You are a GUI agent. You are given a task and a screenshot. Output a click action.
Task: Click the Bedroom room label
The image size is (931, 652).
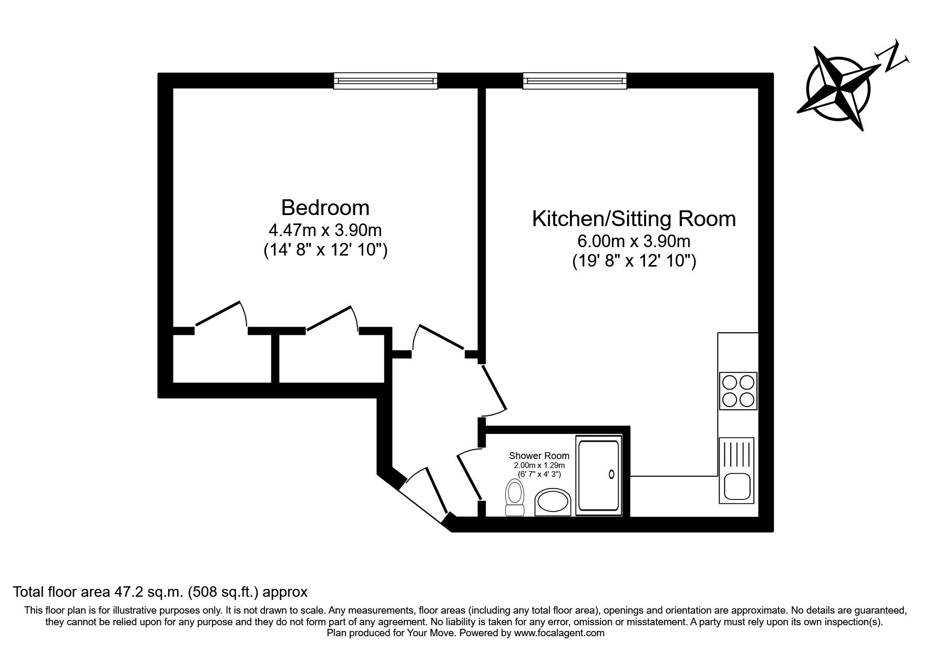click(x=325, y=208)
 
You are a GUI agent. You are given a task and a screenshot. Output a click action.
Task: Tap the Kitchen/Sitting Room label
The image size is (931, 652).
click(x=633, y=219)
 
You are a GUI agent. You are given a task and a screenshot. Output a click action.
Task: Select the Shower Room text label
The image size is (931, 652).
click(x=538, y=456)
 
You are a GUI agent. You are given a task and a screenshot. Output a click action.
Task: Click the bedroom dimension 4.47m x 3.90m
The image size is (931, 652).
click(x=325, y=230)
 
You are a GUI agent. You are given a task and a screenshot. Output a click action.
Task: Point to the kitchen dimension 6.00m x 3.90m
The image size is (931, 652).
click(x=633, y=241)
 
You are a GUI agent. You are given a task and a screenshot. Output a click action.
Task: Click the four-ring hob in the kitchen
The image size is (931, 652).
click(x=738, y=391)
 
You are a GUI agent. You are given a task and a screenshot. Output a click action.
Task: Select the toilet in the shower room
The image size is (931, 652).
click(x=514, y=497)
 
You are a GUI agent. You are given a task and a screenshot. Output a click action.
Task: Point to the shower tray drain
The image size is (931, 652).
click(x=611, y=474)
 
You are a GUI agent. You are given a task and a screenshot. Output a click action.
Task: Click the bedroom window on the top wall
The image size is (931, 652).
click(x=386, y=80)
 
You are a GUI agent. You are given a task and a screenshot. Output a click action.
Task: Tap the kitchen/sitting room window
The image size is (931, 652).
click(x=575, y=80)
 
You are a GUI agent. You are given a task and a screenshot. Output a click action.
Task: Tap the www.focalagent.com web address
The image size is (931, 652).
click(x=559, y=634)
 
